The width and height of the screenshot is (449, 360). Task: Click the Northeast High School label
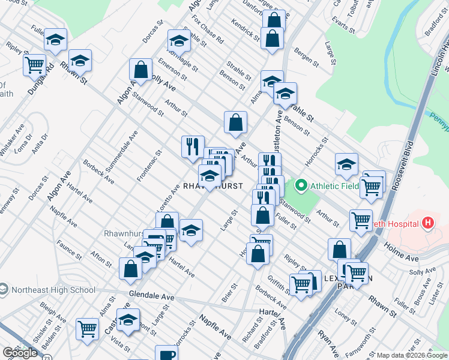pos(52,290)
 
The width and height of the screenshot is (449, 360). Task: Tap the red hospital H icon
pos(427,224)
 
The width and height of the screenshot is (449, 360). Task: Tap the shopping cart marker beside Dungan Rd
pos(34,64)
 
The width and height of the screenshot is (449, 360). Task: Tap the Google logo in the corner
pos(20,353)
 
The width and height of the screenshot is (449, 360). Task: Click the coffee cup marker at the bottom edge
pos(166,354)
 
